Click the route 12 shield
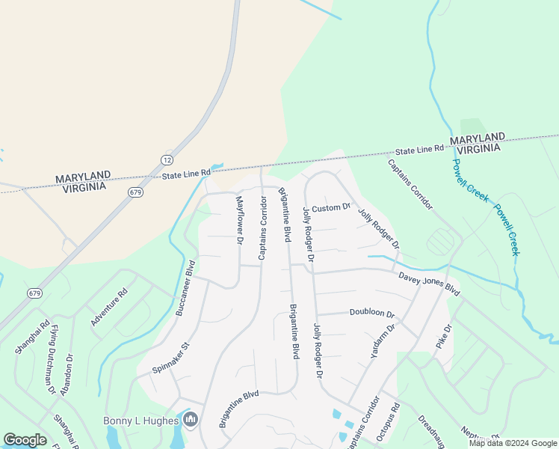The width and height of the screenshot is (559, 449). click(x=167, y=160)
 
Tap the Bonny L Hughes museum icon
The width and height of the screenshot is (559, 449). click(x=191, y=420)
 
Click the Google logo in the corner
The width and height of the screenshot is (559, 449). click(x=25, y=440)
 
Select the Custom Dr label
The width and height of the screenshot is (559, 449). click(x=331, y=207)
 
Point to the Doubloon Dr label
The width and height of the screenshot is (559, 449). click(x=371, y=314)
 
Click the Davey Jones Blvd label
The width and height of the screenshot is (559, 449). click(x=429, y=283)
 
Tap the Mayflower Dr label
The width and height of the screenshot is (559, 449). click(x=240, y=221)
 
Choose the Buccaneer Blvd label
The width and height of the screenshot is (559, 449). click(x=185, y=288)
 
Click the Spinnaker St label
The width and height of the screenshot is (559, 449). click(x=173, y=358)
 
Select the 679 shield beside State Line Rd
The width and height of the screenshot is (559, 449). click(x=135, y=192)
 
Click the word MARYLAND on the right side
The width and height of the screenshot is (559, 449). click(x=477, y=138)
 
